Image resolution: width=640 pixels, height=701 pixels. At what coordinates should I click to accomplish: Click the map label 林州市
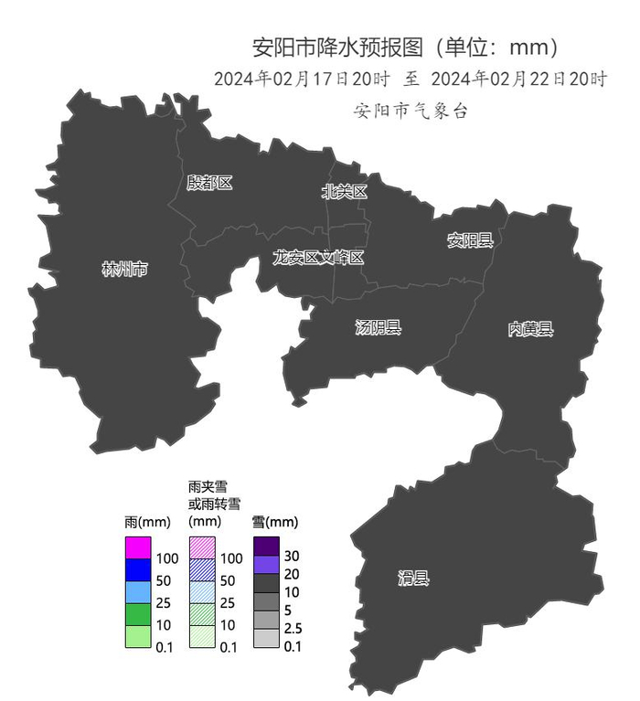click(124, 270)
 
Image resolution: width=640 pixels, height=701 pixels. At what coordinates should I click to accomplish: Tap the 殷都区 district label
click(209, 183)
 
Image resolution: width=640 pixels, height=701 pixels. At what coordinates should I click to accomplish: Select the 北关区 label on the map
click(345, 192)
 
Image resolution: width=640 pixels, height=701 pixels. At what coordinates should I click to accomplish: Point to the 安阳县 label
click(470, 240)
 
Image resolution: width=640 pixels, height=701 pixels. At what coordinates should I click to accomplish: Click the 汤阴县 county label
click(378, 327)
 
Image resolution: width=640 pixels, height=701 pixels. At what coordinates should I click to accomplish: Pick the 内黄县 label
click(531, 329)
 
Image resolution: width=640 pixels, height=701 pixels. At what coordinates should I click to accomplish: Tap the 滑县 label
click(413, 578)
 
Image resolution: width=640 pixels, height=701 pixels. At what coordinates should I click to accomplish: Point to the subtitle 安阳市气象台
click(411, 111)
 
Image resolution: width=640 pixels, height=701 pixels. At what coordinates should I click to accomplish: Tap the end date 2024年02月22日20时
click(518, 80)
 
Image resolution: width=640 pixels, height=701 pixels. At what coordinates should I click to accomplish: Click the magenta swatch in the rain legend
click(138, 547)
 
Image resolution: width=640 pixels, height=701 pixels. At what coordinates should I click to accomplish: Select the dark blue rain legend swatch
click(138, 569)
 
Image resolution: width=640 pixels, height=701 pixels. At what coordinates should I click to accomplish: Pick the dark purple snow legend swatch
click(266, 546)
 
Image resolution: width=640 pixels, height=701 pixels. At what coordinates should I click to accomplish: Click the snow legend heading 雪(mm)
click(275, 523)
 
